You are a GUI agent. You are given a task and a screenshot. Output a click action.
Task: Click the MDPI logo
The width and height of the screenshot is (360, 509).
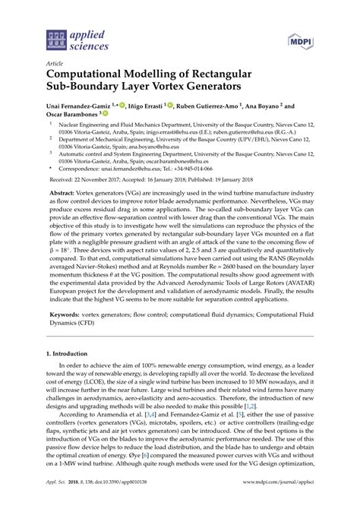pos(300,38)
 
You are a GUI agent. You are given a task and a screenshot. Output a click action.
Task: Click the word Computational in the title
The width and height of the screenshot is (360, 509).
pos(96,77)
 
